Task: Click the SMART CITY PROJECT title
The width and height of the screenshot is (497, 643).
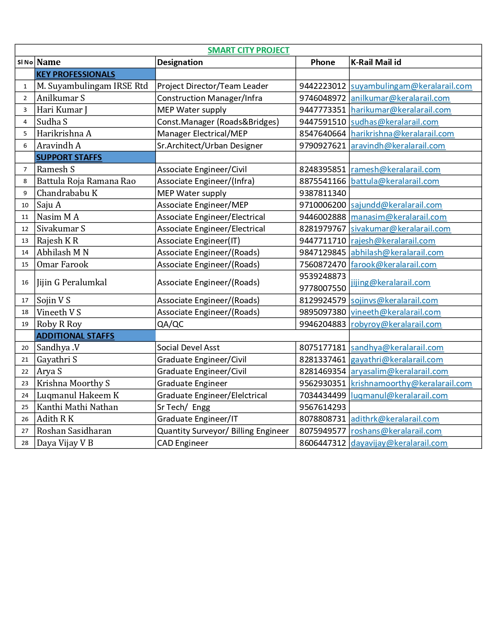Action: (248, 50)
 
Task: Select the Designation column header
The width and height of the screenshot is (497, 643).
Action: (180, 62)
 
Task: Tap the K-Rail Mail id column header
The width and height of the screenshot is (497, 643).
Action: (376, 62)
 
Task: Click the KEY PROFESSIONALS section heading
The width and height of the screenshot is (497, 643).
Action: (76, 74)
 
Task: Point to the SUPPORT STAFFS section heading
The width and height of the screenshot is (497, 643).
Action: (69, 157)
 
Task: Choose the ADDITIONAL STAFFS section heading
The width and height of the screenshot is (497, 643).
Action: (75, 336)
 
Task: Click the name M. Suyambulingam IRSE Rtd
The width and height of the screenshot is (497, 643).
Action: (92, 86)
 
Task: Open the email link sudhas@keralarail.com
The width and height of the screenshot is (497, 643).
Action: (394, 122)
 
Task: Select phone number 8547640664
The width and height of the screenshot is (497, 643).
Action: (322, 134)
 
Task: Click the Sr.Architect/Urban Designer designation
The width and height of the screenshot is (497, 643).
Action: (210, 146)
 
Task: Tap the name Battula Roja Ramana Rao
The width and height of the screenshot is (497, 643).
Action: (86, 181)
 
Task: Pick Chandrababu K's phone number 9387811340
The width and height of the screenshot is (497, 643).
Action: (322, 193)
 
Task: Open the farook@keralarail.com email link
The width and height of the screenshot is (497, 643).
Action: (394, 265)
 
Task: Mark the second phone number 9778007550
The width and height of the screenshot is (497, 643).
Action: (322, 288)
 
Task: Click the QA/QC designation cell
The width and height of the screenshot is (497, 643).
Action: (170, 324)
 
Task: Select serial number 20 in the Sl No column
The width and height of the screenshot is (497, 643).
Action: (25, 348)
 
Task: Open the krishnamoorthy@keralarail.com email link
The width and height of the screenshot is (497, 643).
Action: (411, 383)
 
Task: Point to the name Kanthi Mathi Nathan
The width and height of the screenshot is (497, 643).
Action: (77, 407)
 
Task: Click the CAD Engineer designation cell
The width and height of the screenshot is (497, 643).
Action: (182, 443)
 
